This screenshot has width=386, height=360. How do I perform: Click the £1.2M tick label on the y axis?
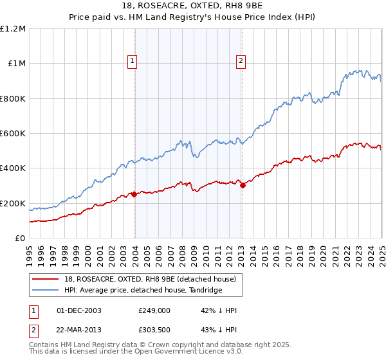(x=13, y=29)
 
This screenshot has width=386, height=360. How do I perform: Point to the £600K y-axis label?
(x=13, y=134)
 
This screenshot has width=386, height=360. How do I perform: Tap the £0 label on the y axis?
(x=20, y=239)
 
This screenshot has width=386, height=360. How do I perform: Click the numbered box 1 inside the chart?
(x=132, y=61)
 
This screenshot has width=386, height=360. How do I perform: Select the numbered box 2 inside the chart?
(x=241, y=61)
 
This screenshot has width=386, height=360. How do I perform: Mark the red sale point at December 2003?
(x=134, y=195)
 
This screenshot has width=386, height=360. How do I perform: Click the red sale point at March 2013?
(x=243, y=186)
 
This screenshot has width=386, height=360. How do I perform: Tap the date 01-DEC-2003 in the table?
(x=79, y=310)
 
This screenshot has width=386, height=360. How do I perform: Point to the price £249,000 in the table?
(x=154, y=310)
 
